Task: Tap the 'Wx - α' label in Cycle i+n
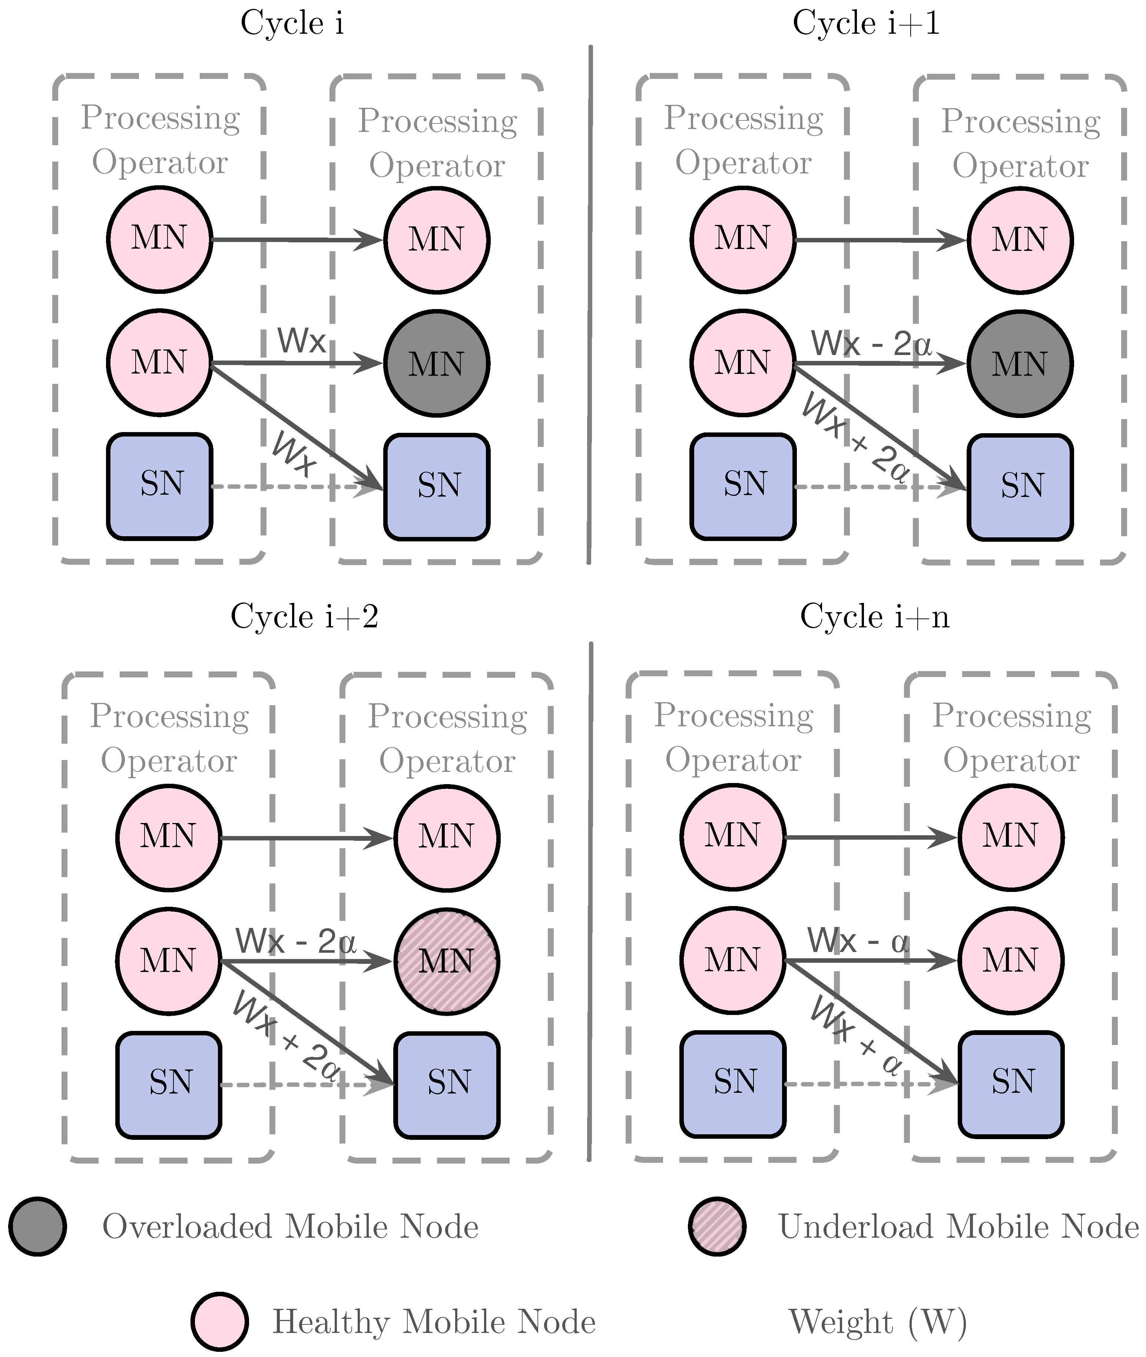[858, 940]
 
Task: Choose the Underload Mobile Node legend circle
[717, 1227]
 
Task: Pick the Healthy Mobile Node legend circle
[219, 1321]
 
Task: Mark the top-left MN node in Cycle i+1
[742, 239]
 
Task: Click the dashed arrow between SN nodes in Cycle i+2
[305, 1084]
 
